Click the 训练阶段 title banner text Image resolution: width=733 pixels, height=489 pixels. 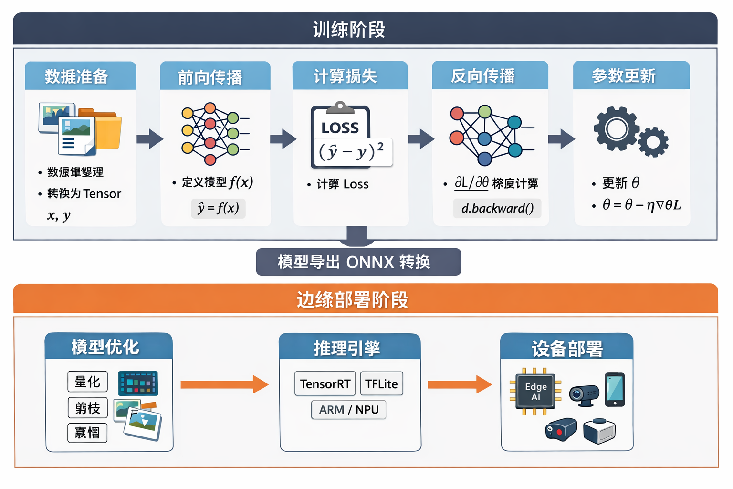tap(349, 30)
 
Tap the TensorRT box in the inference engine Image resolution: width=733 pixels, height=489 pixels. tap(325, 384)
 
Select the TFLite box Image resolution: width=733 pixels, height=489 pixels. tap(381, 384)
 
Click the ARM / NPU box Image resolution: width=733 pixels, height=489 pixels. tap(348, 410)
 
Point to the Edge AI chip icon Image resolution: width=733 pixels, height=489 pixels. tap(535, 392)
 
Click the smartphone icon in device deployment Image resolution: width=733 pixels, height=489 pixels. tap(615, 390)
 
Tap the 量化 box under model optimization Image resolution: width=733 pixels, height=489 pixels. tap(87, 382)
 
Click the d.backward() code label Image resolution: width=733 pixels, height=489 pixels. tap(497, 208)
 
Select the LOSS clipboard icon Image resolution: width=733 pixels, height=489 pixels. tap(341, 135)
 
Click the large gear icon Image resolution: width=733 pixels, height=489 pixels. tap(616, 129)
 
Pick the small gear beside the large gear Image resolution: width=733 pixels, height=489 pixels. tap(653, 142)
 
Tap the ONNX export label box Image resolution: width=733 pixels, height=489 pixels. tap(358, 262)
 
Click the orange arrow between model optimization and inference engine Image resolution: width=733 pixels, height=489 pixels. tap(224, 384)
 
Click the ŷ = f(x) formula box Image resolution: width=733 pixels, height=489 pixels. tap(218, 208)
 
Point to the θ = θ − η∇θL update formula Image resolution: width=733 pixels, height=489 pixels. tap(641, 205)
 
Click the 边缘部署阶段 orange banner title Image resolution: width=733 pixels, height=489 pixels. tap(352, 300)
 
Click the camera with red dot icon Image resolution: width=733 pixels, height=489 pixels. tap(561, 429)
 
